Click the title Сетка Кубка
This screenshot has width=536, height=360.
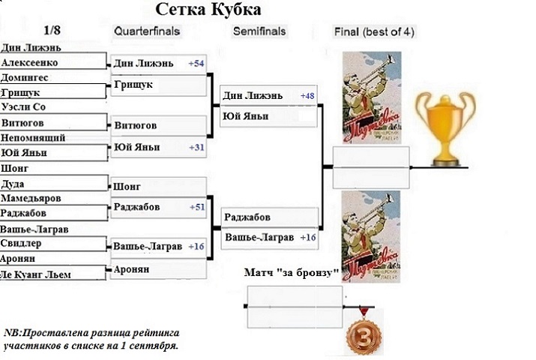209,10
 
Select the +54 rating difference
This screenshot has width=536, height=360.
196,64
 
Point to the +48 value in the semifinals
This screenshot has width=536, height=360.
308,96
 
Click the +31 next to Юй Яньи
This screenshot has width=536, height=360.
196,147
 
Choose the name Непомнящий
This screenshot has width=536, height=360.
33,138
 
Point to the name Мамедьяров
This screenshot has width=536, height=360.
31,198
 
